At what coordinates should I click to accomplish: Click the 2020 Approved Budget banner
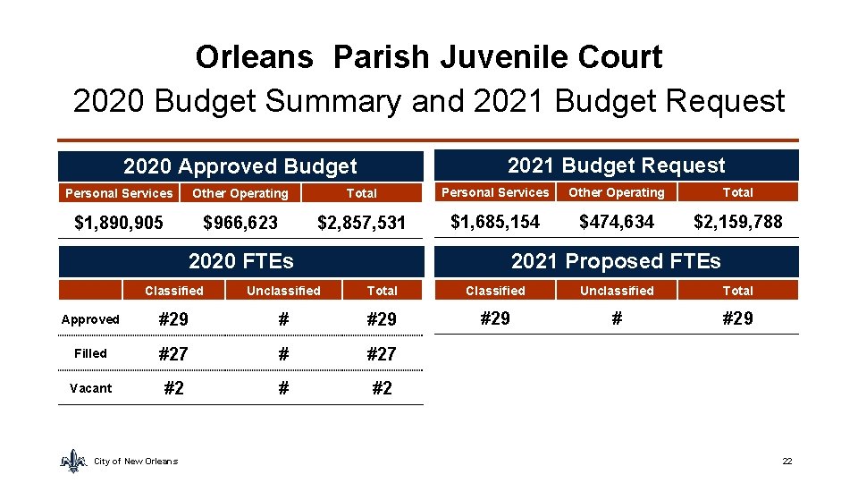[240, 166]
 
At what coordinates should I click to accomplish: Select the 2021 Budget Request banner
[616, 165]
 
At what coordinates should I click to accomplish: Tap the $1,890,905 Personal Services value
[119, 222]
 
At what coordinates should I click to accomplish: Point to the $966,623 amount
[240, 222]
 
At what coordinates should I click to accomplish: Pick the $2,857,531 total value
[362, 222]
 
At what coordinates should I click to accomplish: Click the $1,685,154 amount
[495, 221]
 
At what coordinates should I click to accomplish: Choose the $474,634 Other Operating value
[617, 221]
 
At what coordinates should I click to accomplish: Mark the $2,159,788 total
[737, 221]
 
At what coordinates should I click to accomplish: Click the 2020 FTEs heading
[240, 261]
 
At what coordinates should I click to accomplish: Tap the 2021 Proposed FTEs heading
[616, 261]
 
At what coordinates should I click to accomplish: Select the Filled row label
[90, 353]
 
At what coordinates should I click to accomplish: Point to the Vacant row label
[90, 388]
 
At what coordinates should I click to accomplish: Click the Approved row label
[90, 319]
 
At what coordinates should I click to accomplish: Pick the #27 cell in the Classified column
[173, 354]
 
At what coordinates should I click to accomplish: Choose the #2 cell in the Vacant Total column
[382, 388]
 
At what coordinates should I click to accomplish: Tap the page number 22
[787, 461]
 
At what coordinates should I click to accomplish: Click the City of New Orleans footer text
[136, 462]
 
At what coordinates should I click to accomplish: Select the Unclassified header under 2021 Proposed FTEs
[617, 291]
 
